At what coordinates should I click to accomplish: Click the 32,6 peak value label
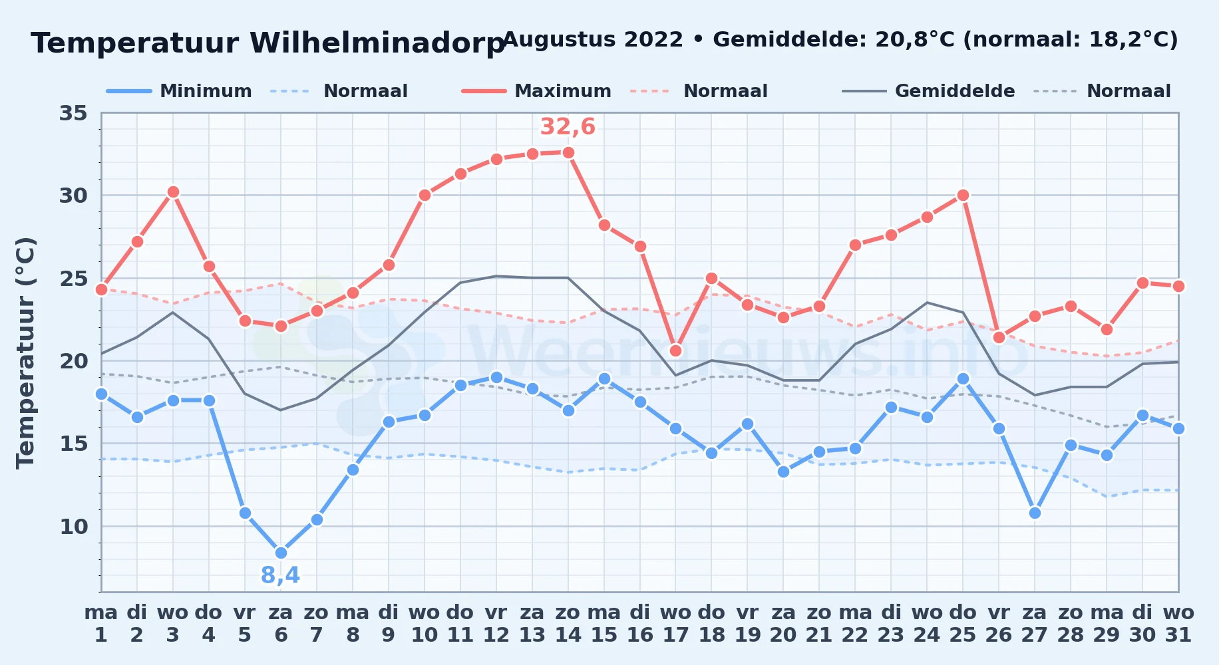point(568,126)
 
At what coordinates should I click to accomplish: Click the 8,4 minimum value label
point(280,575)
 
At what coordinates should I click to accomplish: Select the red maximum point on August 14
point(568,152)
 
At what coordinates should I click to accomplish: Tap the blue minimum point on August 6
point(281,553)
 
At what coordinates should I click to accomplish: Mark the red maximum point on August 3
point(173,192)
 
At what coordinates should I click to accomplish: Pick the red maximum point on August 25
point(963,196)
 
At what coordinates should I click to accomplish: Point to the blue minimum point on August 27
point(1035,513)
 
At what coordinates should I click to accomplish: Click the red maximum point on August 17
point(675,350)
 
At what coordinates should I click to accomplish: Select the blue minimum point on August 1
point(101,394)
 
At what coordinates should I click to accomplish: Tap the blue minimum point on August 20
point(783,471)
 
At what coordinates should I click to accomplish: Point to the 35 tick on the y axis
point(73,113)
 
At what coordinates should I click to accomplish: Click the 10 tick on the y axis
point(73,527)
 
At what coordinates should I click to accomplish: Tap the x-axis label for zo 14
point(568,623)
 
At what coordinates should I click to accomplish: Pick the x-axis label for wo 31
point(1178,623)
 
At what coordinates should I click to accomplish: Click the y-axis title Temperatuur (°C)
point(25,352)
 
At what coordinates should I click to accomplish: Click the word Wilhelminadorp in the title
point(377,43)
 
